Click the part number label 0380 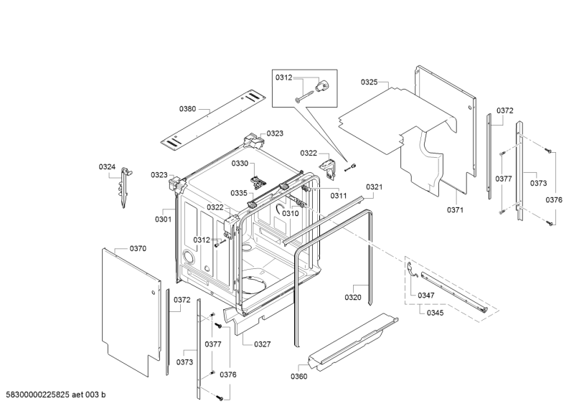click(x=187, y=109)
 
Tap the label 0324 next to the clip click(x=107, y=167)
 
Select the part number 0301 click(x=163, y=219)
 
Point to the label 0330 click(x=239, y=164)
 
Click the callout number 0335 click(x=239, y=193)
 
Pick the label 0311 click(x=338, y=196)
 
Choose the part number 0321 click(x=374, y=187)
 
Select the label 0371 click(x=455, y=210)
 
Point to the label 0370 click(x=138, y=248)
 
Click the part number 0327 click(x=262, y=344)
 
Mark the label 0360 click(x=298, y=376)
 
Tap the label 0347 click(x=426, y=295)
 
